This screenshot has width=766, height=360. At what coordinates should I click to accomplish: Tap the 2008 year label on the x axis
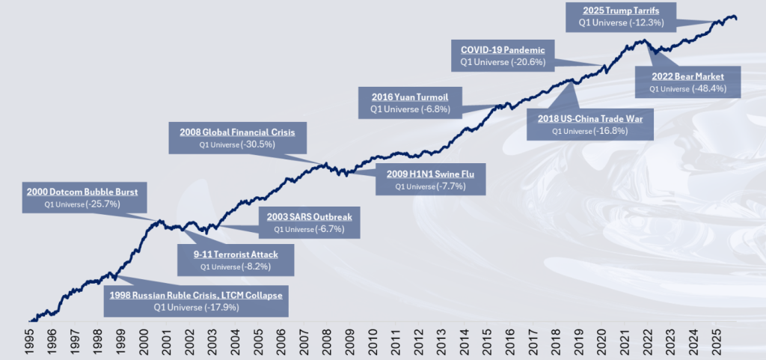[x=327, y=341]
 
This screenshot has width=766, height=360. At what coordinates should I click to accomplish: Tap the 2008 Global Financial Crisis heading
[x=237, y=132]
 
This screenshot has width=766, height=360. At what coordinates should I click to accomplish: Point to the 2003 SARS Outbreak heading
[x=309, y=217]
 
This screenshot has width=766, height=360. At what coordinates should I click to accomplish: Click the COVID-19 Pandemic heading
[x=507, y=49]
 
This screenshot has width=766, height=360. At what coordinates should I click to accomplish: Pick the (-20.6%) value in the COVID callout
[x=530, y=61]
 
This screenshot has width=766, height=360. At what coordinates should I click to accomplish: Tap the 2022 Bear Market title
[x=687, y=76]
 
